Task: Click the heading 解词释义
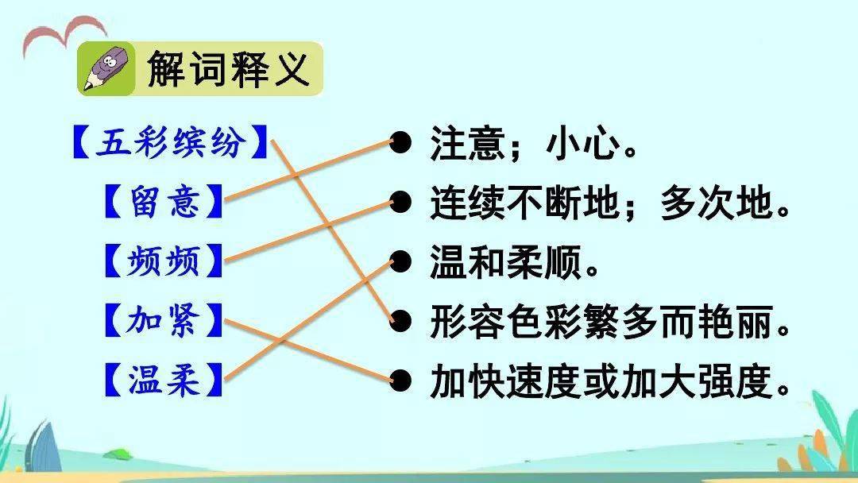(228, 69)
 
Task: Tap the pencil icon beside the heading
(106, 69)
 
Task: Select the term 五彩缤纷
(171, 141)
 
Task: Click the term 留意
(164, 201)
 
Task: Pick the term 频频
(164, 261)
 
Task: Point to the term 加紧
(164, 320)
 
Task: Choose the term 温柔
(164, 380)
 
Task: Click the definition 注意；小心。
(534, 143)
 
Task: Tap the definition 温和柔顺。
(514, 262)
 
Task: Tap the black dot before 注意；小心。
(400, 143)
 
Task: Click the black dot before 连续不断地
(400, 203)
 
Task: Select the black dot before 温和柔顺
(400, 261)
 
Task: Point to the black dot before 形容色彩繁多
(400, 321)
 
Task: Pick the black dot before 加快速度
(400, 381)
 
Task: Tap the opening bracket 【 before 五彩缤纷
(82, 141)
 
